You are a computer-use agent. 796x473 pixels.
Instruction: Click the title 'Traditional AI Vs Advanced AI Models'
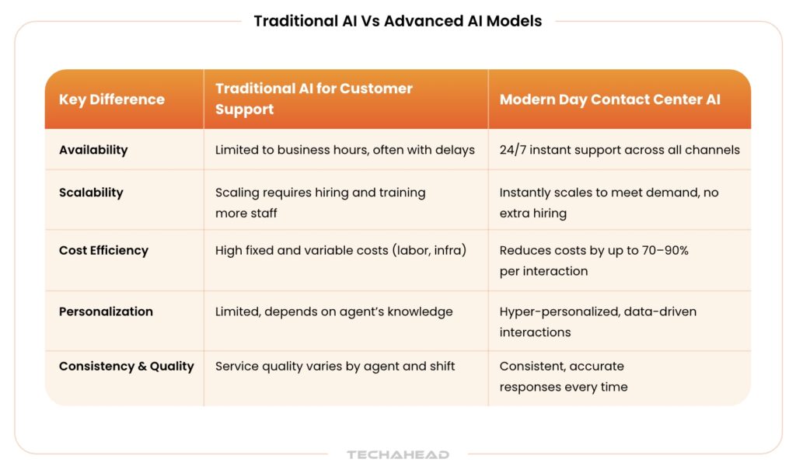pos(397,21)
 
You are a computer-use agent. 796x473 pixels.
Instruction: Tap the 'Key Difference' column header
pos(112,99)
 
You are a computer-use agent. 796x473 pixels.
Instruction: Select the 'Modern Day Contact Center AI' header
pos(609,99)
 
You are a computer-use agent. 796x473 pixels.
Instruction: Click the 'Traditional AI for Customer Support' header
pos(314,99)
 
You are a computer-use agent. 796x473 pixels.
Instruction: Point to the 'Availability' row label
pos(93,150)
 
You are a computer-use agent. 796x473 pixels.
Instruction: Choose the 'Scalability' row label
pos(91,193)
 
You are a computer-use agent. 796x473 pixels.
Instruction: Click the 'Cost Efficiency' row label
pos(103,250)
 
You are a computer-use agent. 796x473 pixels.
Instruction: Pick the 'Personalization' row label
pos(106,311)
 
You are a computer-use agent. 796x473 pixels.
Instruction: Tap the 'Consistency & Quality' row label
pos(126,366)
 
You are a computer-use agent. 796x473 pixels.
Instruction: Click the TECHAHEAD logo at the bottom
pos(398,454)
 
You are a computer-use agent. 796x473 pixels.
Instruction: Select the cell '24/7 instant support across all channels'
pos(620,150)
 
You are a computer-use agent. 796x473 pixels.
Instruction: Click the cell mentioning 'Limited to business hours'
pos(344,150)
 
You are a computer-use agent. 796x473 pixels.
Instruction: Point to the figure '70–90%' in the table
pos(660,250)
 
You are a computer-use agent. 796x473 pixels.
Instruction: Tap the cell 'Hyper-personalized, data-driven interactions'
pos(598,322)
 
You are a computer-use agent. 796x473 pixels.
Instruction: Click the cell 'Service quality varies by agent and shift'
pos(335,366)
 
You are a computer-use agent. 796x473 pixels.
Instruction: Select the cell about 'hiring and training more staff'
pos(320,202)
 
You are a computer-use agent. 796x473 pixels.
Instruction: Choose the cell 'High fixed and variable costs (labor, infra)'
pos(340,250)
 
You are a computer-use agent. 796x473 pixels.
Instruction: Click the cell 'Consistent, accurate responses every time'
pos(563,376)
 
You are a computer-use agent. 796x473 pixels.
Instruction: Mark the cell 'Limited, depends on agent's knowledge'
pos(333,311)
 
